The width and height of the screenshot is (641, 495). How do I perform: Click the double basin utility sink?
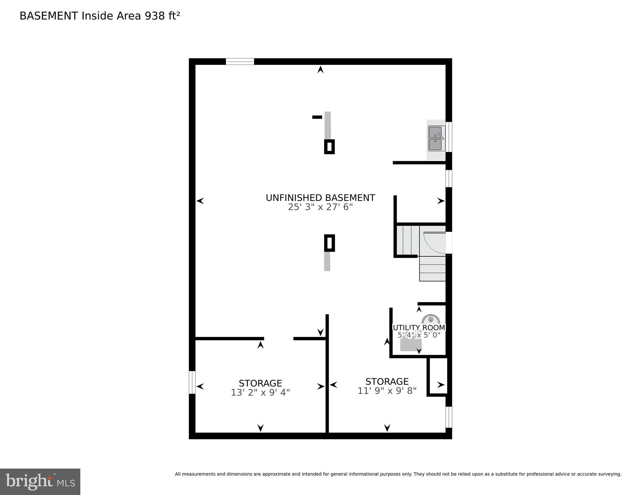[x=436, y=139]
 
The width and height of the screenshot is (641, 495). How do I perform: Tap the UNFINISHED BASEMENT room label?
[x=320, y=198]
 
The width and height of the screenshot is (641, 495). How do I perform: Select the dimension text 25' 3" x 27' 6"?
[x=320, y=207]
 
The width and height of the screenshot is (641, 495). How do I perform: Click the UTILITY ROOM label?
[x=419, y=328]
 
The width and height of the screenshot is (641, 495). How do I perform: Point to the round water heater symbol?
[x=431, y=320]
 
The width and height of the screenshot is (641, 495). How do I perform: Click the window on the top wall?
[x=240, y=62]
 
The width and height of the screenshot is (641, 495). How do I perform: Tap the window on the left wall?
[x=192, y=382]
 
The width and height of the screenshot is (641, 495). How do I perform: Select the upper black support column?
[x=329, y=147]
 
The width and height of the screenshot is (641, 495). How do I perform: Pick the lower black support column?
[x=329, y=243]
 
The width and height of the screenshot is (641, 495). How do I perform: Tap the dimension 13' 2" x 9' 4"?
[x=260, y=392]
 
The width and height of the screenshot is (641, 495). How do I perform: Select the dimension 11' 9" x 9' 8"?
[x=387, y=391]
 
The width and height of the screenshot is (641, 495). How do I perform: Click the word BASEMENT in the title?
[x=49, y=16]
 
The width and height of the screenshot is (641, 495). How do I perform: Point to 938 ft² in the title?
[x=162, y=16]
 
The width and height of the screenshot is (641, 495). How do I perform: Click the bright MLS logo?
[x=40, y=481]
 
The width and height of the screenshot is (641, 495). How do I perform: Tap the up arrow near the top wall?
[x=320, y=69]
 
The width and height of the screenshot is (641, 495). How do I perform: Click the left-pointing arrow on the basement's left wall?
[x=200, y=201]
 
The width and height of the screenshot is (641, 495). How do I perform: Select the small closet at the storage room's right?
[x=438, y=376]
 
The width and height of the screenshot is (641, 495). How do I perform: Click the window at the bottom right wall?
[x=448, y=417]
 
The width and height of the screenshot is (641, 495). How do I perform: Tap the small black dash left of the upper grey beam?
[x=317, y=117]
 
